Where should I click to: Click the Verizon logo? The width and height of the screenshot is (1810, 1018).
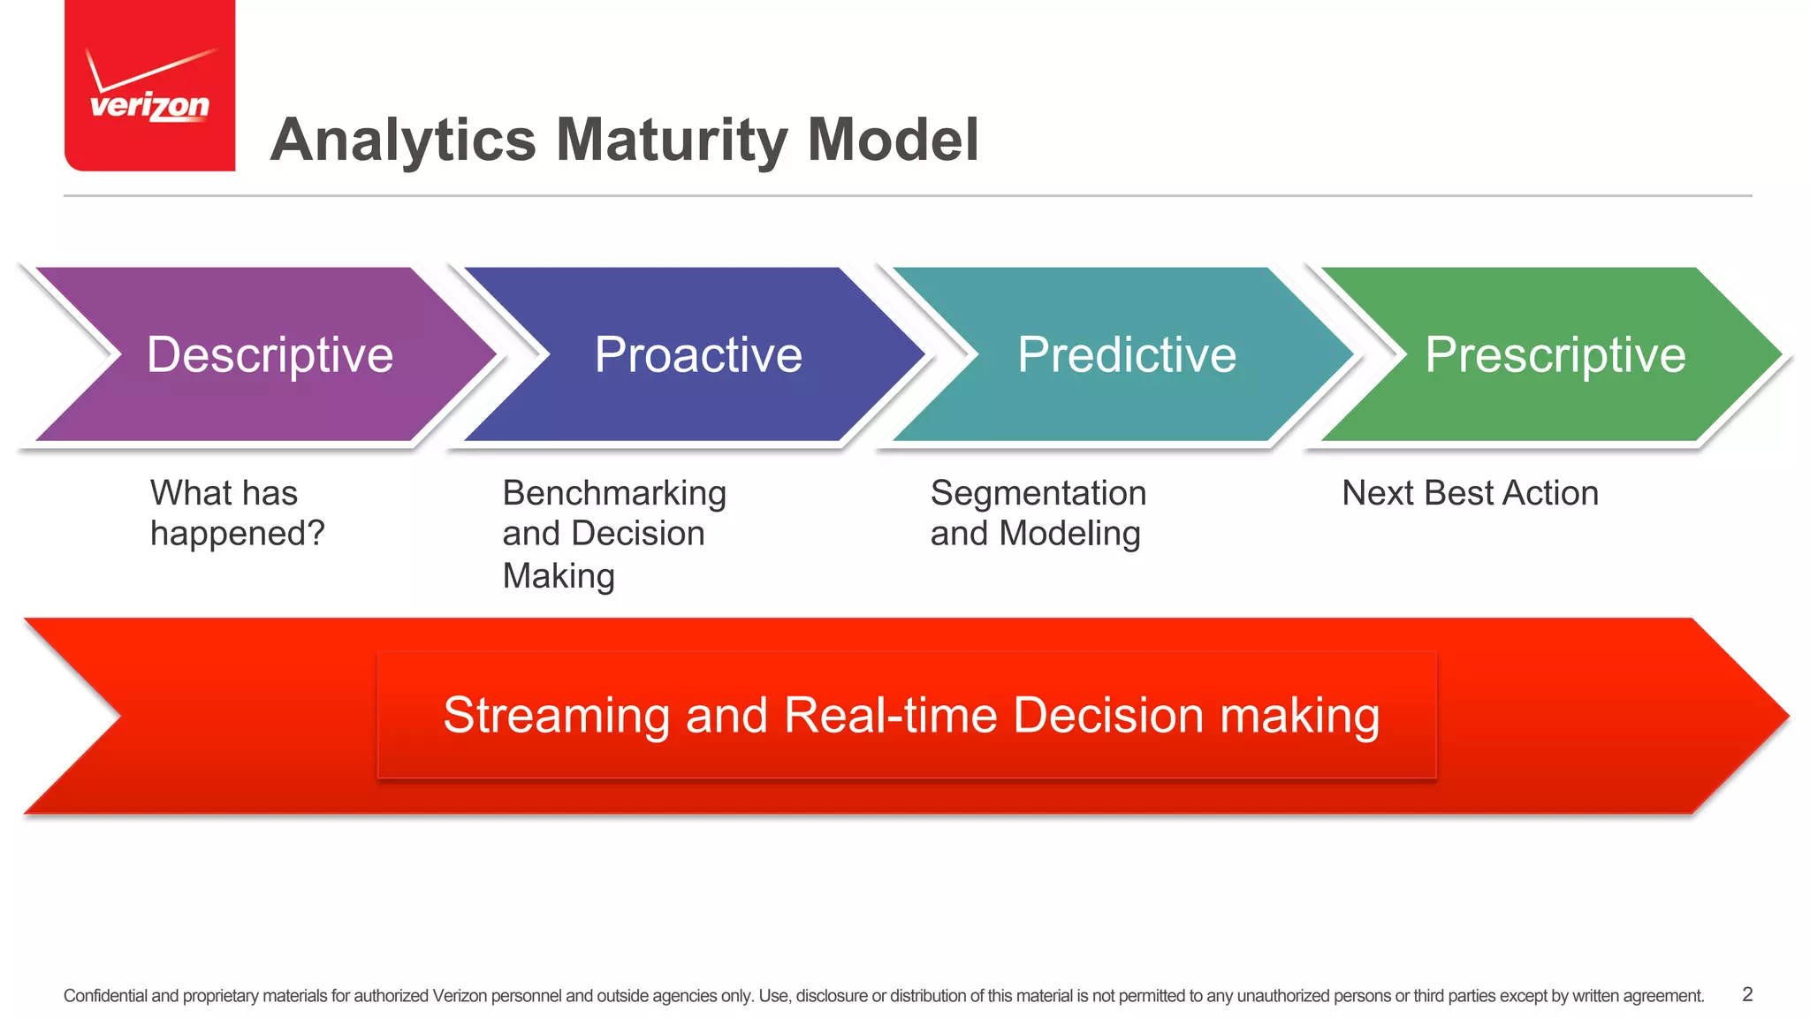tap(149, 86)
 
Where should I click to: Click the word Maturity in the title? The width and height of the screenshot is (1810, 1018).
tap(672, 141)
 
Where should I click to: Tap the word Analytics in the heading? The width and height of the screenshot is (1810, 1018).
tap(403, 141)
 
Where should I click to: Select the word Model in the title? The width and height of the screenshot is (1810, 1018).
tap(893, 141)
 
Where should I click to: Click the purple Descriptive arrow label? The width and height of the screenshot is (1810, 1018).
tap(270, 355)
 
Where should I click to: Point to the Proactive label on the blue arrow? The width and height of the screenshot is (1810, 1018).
tap(698, 355)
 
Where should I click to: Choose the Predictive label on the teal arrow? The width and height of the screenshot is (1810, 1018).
tap(1126, 355)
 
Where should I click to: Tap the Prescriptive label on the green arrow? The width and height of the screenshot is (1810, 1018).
tap(1555, 355)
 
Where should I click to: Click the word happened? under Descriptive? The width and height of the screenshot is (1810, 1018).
tap(237, 535)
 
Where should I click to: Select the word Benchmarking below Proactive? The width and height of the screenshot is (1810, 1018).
tap(614, 493)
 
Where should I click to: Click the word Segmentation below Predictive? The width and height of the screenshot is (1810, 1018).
tap(1038, 493)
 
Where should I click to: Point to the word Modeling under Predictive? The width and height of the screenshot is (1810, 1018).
tap(1069, 535)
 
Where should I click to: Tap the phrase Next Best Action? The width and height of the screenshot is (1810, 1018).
tap(1470, 493)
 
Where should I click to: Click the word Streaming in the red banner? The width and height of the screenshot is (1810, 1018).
tap(556, 715)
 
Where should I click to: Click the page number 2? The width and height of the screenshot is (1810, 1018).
tap(1747, 994)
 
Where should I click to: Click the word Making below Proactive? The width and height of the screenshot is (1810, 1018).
tap(559, 576)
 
